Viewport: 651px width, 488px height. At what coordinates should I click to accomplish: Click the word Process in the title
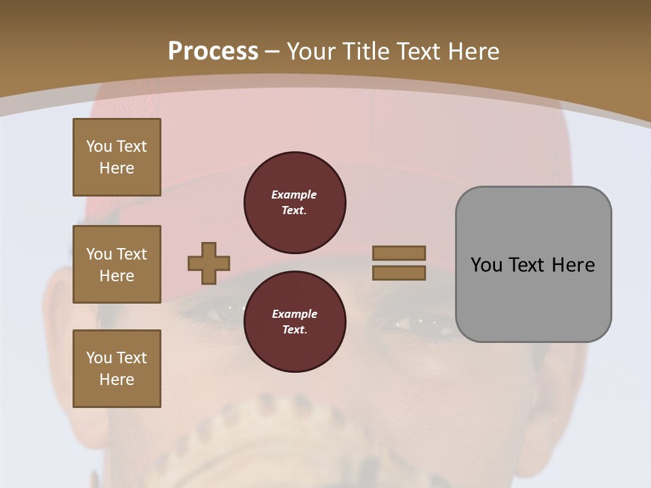(213, 52)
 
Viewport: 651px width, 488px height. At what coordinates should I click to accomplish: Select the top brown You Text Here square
(117, 157)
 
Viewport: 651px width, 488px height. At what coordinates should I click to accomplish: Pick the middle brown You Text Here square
(117, 264)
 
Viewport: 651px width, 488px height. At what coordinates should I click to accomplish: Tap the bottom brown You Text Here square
(117, 369)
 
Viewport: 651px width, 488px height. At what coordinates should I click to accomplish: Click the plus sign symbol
(209, 263)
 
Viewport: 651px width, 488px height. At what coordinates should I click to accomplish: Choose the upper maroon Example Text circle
(295, 203)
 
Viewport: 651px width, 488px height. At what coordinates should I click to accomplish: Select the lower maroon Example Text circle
(295, 322)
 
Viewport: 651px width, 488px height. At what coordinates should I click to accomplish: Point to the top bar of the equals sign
(399, 253)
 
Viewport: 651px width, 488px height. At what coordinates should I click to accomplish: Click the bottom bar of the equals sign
(399, 272)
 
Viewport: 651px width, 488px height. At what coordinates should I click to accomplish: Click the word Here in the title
(474, 52)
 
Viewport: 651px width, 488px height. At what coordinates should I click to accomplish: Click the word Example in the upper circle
(294, 195)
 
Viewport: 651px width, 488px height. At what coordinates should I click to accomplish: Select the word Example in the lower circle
(294, 314)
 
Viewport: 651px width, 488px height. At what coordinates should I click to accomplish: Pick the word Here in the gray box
(573, 265)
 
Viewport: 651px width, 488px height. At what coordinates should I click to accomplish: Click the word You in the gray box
(486, 265)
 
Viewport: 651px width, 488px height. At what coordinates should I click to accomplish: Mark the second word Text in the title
(419, 52)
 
